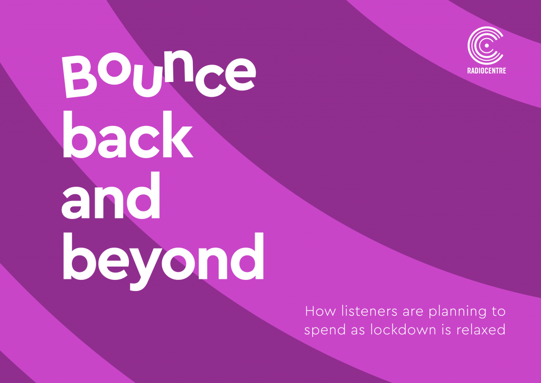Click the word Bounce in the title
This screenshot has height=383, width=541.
[x=158, y=74]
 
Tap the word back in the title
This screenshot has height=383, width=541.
[x=127, y=134]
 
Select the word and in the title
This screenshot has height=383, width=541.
[x=111, y=196]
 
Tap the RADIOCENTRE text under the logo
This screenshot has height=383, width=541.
[x=487, y=71]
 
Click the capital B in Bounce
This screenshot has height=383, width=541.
[x=79, y=77]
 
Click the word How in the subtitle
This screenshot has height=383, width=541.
[x=321, y=311]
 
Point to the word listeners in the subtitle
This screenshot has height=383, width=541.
[x=369, y=311]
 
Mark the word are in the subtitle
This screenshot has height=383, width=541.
[x=412, y=313]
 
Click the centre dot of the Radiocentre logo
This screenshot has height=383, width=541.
[x=486, y=45]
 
